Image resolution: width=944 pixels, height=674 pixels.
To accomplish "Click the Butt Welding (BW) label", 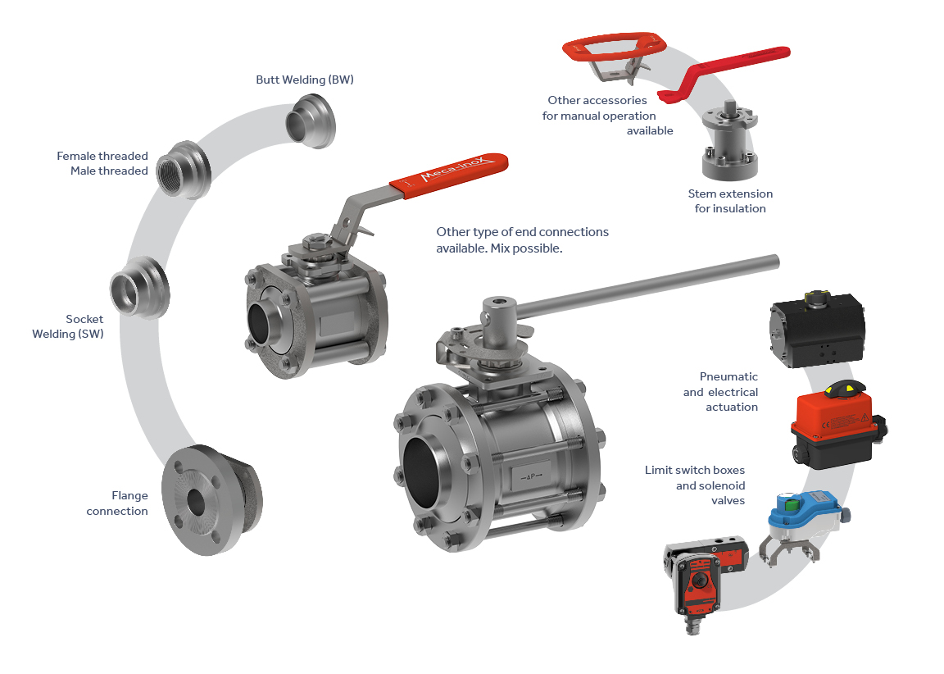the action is tap(305, 80).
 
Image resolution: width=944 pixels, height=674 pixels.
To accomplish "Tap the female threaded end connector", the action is tap(184, 171).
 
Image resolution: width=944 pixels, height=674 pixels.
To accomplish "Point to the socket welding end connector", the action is tap(139, 287).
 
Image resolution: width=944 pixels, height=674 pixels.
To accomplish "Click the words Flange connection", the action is tap(117, 503).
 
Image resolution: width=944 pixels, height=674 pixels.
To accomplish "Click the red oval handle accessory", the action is tap(614, 47).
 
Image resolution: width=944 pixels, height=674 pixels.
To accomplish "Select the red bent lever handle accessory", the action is tap(723, 72).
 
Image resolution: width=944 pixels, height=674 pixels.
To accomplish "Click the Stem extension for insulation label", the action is tap(730, 201).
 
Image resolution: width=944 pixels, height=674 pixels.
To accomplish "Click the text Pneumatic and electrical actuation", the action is tap(720, 391).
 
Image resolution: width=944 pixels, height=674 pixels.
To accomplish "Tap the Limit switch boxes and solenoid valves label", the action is tap(695, 485).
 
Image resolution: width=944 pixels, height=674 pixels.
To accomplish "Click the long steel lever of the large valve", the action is tap(647, 287).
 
